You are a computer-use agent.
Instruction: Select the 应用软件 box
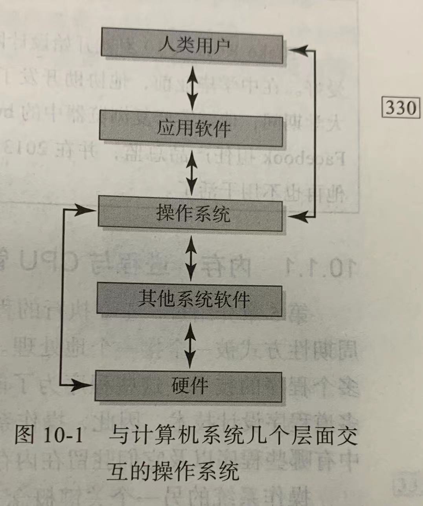pyautogui.click(x=191, y=128)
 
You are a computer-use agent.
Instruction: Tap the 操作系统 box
pyautogui.click(x=190, y=214)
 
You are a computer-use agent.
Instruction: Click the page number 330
pyautogui.click(x=400, y=107)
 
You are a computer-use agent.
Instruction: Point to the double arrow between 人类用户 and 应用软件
pyautogui.click(x=192, y=87)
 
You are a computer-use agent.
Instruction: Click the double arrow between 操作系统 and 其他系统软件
pyautogui.click(x=191, y=258)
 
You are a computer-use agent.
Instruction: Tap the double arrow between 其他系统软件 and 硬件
pyautogui.click(x=189, y=344)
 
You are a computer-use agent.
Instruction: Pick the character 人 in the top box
pyautogui.click(x=166, y=45)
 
